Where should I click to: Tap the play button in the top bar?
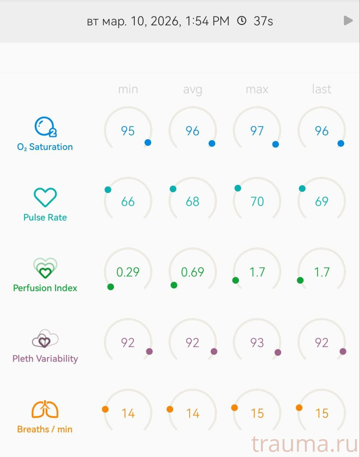click(348, 21)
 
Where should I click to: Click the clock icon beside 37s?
click(242, 21)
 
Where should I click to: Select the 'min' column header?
click(128, 89)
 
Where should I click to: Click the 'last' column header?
click(321, 89)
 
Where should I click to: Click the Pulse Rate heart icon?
click(45, 197)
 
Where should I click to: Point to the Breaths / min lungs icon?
click(45, 409)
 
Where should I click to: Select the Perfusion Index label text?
click(45, 288)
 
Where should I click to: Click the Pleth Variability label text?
click(45, 358)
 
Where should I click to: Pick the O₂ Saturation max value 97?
click(257, 131)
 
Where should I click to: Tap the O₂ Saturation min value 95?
click(128, 131)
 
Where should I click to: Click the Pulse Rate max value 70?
click(257, 202)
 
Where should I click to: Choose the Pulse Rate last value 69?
click(321, 202)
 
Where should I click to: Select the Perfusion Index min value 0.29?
click(128, 272)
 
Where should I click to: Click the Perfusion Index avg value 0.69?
click(192, 272)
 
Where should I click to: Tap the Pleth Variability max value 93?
click(257, 343)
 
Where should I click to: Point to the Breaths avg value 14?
click(192, 413)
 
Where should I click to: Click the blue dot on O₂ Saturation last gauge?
click(341, 143)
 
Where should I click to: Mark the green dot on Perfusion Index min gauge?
click(111, 287)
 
